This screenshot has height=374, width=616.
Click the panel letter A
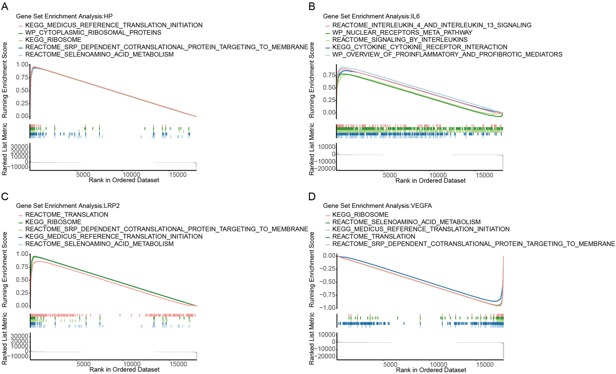[x=5, y=6]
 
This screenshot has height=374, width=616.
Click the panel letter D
[x=312, y=196]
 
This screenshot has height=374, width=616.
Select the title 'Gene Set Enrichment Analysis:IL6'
[x=371, y=16]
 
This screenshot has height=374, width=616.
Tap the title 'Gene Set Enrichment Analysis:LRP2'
[x=68, y=205]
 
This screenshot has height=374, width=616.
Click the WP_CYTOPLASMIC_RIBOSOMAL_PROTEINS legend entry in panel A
[x=93, y=32]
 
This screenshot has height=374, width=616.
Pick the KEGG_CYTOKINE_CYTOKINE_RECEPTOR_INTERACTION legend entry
[x=420, y=47]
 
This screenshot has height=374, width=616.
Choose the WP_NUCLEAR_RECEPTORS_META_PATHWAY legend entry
[x=402, y=32]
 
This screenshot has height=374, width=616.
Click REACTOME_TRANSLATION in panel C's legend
[x=67, y=215]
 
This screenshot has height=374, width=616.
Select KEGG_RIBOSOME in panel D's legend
[x=360, y=215]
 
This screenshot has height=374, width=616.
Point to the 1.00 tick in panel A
[x=22, y=65]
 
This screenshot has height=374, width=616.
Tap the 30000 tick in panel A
[x=20, y=146]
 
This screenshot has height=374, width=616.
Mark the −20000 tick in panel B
[x=326, y=169]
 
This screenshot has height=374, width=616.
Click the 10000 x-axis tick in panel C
[x=132, y=364]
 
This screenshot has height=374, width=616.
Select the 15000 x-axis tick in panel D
[x=485, y=365]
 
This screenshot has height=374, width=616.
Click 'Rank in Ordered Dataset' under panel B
[x=430, y=181]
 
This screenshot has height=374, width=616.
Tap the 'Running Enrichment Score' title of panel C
[x=5, y=269]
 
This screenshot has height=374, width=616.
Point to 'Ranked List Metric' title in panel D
[x=312, y=339]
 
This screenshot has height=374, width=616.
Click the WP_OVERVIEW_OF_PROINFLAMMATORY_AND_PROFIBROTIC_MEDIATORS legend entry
[x=447, y=54]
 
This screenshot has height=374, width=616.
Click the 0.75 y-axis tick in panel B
[x=329, y=75]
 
